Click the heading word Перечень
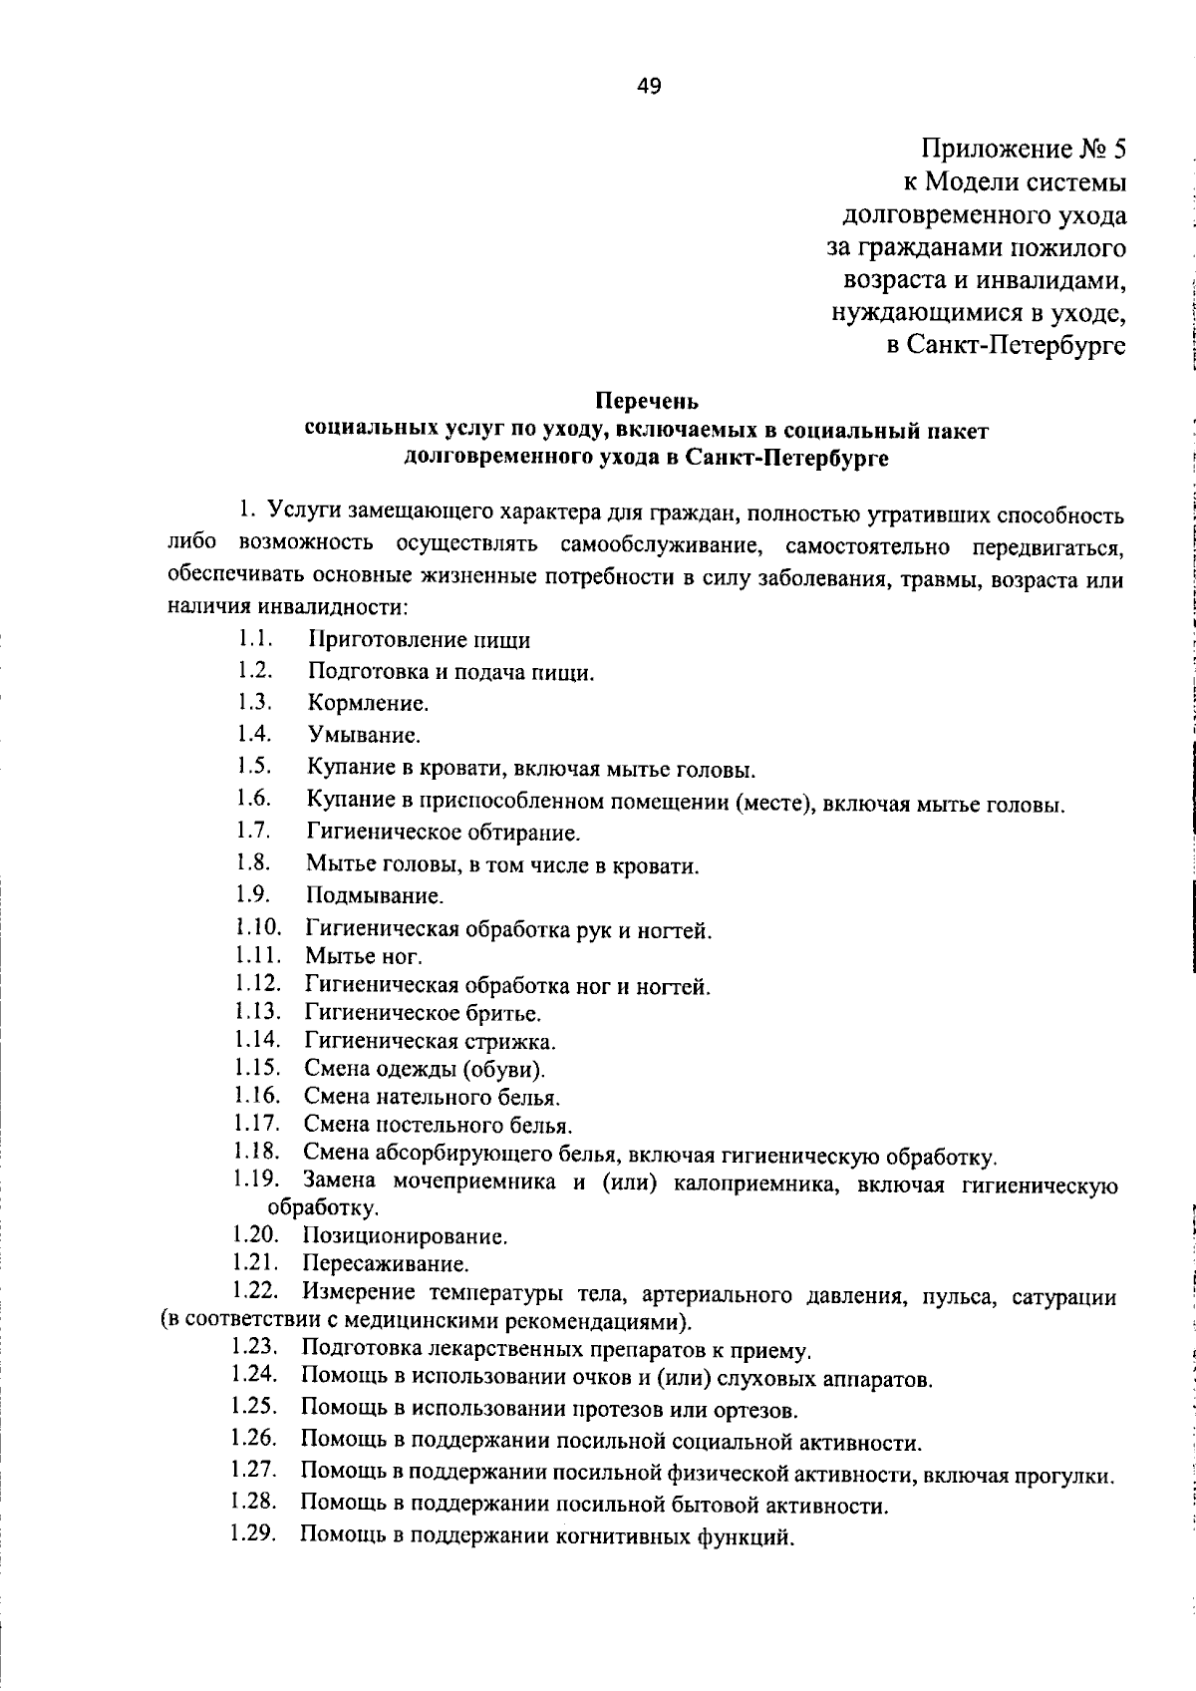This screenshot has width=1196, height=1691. tap(647, 402)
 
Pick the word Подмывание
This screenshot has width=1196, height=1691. tap(375, 895)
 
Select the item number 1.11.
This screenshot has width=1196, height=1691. tap(258, 956)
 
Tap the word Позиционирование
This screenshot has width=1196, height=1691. tap(405, 1237)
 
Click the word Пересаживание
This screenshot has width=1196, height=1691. tap(385, 1265)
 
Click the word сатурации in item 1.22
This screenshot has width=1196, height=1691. tap(1063, 1297)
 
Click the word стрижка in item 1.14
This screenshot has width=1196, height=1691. tap(509, 1042)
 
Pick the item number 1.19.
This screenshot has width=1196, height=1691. tap(255, 1180)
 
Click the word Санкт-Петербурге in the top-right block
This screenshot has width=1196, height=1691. tap(1017, 346)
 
